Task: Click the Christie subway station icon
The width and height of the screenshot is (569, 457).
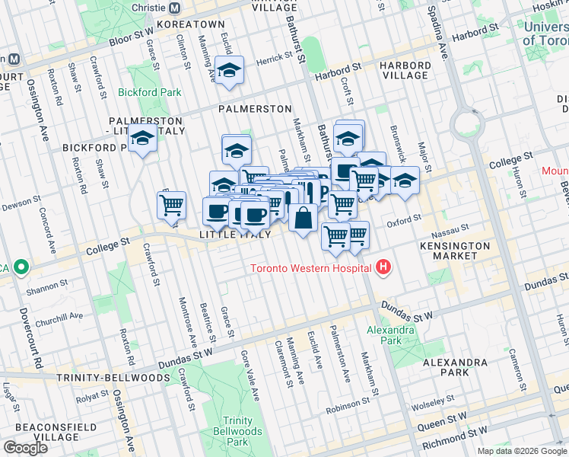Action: click(x=174, y=8)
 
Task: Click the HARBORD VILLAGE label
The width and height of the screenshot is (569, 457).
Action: click(x=406, y=70)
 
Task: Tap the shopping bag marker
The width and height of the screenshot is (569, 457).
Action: click(x=303, y=218)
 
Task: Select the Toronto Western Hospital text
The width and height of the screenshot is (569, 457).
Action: click(x=312, y=268)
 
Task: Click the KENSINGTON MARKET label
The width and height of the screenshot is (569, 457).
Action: click(x=455, y=252)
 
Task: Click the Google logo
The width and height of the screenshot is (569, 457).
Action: click(x=25, y=448)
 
